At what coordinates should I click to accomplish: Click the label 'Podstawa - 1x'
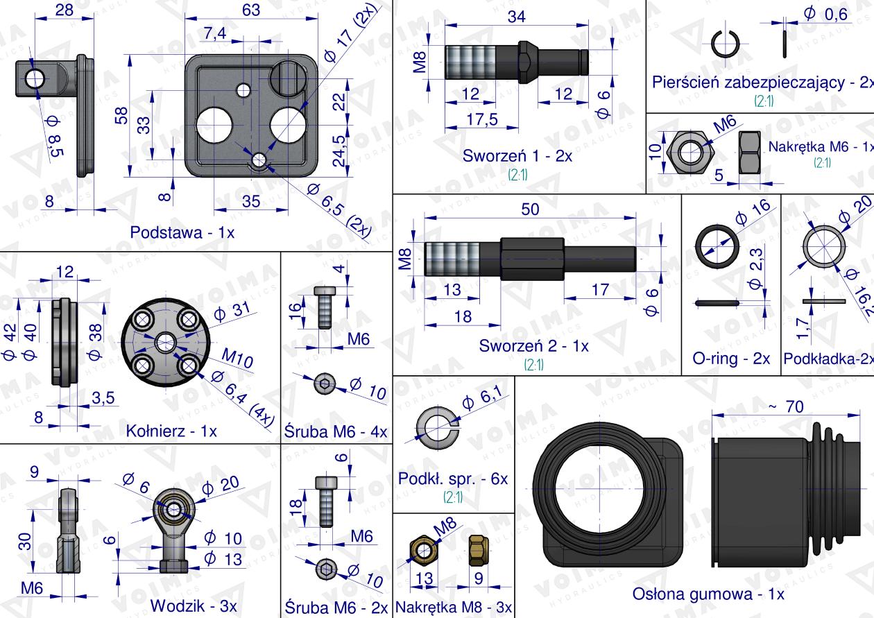182,232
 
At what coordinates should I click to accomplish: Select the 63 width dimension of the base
252,10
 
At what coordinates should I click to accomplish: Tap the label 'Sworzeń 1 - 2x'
517,155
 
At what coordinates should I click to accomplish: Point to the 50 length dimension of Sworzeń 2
530,211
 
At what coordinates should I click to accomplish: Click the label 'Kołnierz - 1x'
171,431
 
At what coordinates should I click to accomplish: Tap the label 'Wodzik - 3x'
194,605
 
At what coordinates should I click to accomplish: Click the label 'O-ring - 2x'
731,359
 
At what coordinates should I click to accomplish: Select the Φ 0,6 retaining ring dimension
825,14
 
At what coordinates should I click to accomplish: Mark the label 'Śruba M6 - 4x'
336,431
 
